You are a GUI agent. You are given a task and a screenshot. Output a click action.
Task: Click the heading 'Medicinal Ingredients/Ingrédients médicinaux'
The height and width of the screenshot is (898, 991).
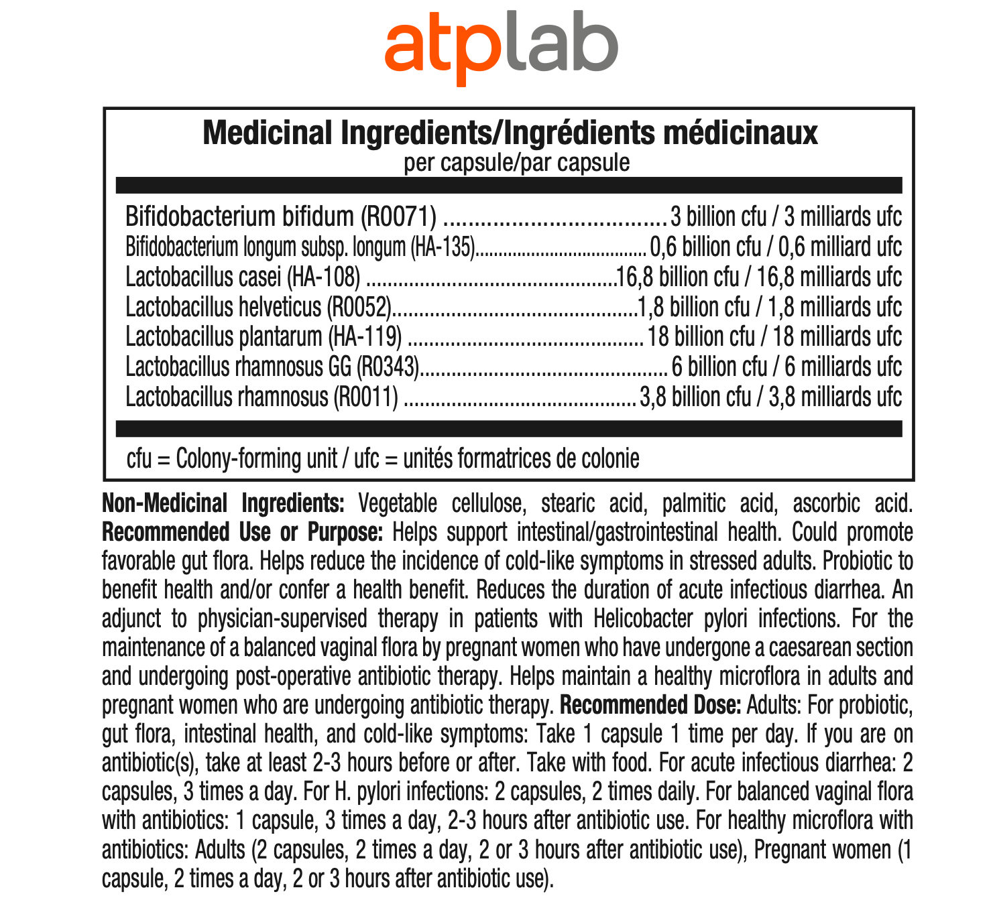click(510, 133)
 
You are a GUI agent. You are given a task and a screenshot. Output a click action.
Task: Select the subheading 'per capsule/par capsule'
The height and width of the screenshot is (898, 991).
click(516, 163)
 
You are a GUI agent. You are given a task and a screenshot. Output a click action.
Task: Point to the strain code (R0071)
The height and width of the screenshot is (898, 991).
click(399, 216)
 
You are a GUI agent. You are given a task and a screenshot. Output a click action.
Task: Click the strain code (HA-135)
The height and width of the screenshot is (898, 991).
click(443, 247)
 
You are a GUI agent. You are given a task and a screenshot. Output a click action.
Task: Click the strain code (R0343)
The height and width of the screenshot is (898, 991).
click(388, 367)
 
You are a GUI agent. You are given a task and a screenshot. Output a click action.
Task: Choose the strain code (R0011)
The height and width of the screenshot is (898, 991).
click(366, 397)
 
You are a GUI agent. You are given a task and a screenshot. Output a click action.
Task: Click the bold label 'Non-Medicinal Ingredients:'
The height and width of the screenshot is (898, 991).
click(223, 503)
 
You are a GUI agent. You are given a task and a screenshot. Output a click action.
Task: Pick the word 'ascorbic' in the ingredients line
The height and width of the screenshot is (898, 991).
click(825, 503)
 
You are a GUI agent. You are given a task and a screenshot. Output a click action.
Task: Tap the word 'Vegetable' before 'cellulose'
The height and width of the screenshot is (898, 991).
click(398, 503)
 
